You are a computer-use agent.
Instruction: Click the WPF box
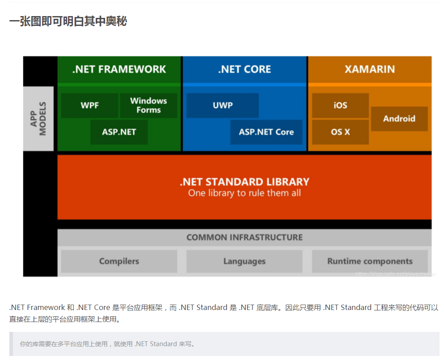pyautogui.click(x=89, y=105)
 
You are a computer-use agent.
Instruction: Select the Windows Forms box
pyautogui.click(x=148, y=105)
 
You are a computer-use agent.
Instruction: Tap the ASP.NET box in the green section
pyautogui.click(x=119, y=132)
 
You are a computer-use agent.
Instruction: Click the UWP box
pyautogui.click(x=223, y=105)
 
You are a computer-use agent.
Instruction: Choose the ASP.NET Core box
pyautogui.click(x=266, y=132)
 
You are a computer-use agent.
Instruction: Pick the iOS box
pyautogui.click(x=340, y=105)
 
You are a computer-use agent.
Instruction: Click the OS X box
pyautogui.click(x=340, y=132)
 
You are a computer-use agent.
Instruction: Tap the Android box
pyautogui.click(x=399, y=119)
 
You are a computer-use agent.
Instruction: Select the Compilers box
pyautogui.click(x=119, y=261)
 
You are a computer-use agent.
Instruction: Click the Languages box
pyautogui.click(x=244, y=261)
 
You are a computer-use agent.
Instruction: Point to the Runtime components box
pyautogui.click(x=370, y=261)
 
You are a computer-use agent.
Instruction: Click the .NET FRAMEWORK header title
pyautogui.click(x=119, y=69)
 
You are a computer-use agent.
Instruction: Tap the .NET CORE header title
pyautogui.click(x=245, y=69)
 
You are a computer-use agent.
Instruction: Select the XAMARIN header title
pyautogui.click(x=370, y=69)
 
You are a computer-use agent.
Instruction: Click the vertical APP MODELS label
pyautogui.click(x=38, y=119)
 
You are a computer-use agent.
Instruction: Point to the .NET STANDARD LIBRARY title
pyautogui.click(x=245, y=182)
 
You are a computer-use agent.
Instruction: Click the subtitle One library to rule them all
pyautogui.click(x=245, y=193)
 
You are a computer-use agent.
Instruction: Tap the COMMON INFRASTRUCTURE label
pyautogui.click(x=245, y=237)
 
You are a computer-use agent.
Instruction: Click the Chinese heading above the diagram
pyautogui.click(x=68, y=21)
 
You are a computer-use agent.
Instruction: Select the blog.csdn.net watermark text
pyautogui.click(x=395, y=274)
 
